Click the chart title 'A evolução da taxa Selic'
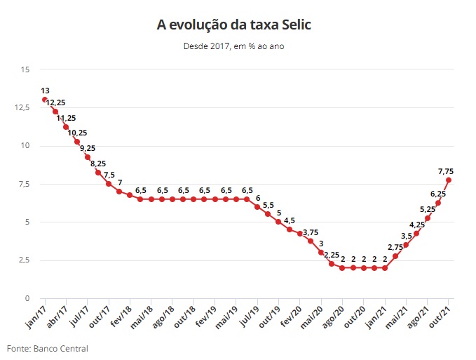(234, 25)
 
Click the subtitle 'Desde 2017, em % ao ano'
(234, 46)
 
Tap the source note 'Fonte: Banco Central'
(48, 348)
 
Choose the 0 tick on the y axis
(27, 298)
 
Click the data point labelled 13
(45, 100)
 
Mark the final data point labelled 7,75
(448, 180)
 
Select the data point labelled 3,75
(311, 241)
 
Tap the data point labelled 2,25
(332, 264)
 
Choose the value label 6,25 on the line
(437, 194)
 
